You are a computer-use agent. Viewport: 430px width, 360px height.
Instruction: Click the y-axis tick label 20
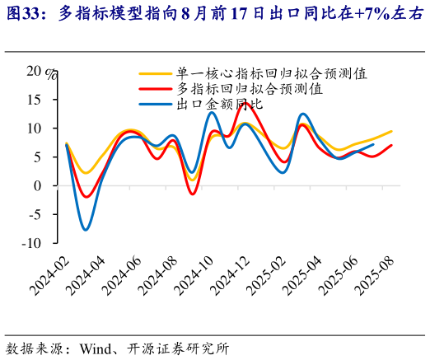[32, 71]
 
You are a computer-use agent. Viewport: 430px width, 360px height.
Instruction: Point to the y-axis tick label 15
[32, 100]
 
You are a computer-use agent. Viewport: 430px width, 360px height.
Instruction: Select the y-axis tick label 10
[32, 129]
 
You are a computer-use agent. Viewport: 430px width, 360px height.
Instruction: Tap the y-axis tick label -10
[30, 243]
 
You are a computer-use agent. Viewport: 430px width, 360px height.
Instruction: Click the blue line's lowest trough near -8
[86, 230]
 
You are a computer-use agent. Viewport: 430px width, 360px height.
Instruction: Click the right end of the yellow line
[391, 132]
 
